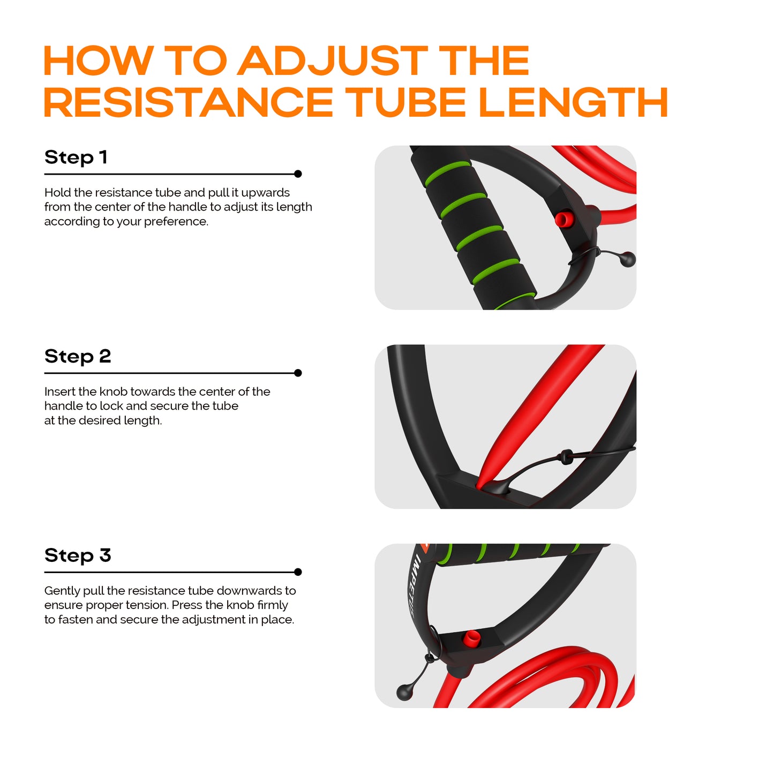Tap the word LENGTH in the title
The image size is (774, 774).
pyautogui.click(x=573, y=102)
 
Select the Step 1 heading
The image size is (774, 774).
pyautogui.click(x=76, y=156)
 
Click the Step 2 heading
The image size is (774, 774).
pyautogui.click(x=78, y=356)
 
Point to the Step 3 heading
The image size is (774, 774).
pyautogui.click(x=78, y=555)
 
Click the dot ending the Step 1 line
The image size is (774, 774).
pyautogui.click(x=298, y=174)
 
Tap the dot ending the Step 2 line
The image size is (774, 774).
pyautogui.click(x=298, y=373)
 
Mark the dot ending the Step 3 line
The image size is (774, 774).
pyautogui.click(x=298, y=572)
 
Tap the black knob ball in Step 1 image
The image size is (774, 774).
pyautogui.click(x=628, y=259)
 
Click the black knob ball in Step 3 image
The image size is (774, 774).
pyautogui.click(x=404, y=692)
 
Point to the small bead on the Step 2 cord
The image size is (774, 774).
pyautogui.click(x=566, y=457)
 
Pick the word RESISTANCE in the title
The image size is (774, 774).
pyautogui.click(x=189, y=102)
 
